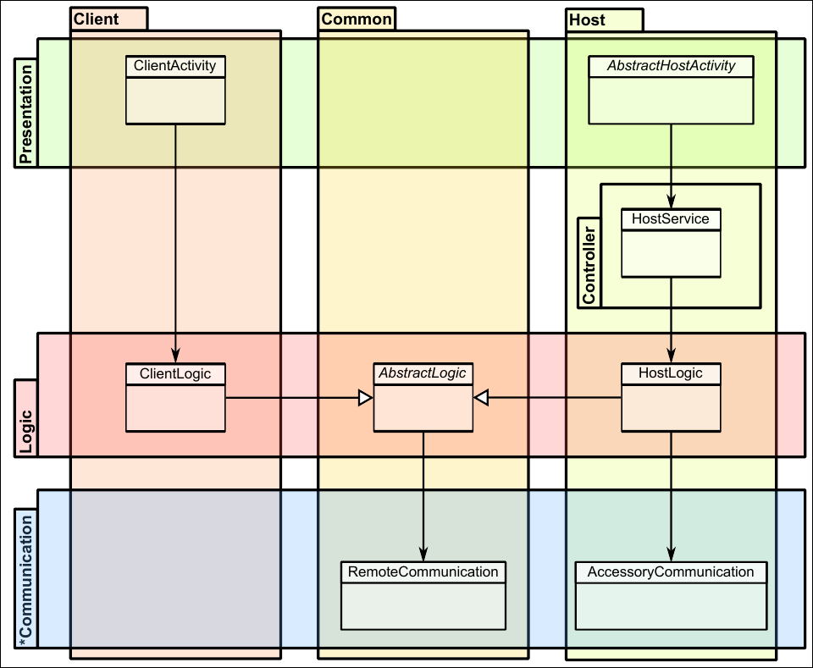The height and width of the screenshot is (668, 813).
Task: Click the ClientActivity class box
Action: (x=175, y=90)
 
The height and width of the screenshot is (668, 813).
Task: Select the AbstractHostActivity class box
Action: (x=671, y=90)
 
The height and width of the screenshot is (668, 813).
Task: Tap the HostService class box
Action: (x=671, y=243)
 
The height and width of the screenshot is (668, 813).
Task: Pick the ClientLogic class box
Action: (x=175, y=396)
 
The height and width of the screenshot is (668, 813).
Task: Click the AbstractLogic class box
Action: (x=423, y=396)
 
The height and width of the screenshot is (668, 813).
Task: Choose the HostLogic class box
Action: (x=671, y=396)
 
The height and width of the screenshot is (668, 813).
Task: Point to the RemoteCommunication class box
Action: (x=423, y=595)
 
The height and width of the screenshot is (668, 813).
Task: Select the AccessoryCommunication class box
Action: (x=671, y=595)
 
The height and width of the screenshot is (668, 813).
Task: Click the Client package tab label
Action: (x=97, y=19)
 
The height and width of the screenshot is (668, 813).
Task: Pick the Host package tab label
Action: (x=588, y=19)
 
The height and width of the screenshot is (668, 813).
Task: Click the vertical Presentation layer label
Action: (x=25, y=113)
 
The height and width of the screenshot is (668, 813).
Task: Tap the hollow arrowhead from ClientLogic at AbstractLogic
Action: (x=365, y=398)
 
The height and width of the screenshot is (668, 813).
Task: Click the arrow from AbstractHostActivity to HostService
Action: (x=671, y=166)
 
